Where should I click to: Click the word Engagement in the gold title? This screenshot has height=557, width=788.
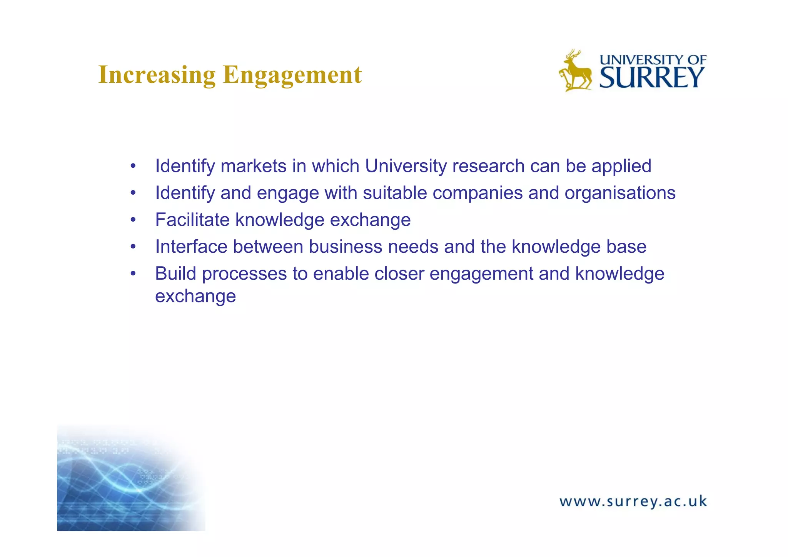(x=292, y=75)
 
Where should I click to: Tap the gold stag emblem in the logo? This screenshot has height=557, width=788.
(x=575, y=71)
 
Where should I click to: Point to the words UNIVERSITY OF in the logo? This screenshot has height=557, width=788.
(x=653, y=60)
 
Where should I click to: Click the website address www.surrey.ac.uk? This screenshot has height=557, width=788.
(x=633, y=502)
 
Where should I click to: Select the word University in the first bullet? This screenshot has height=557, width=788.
(x=406, y=166)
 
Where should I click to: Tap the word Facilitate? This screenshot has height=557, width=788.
(x=192, y=220)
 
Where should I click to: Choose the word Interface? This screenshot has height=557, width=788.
(x=191, y=247)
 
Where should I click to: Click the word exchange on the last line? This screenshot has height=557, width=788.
(x=195, y=296)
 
